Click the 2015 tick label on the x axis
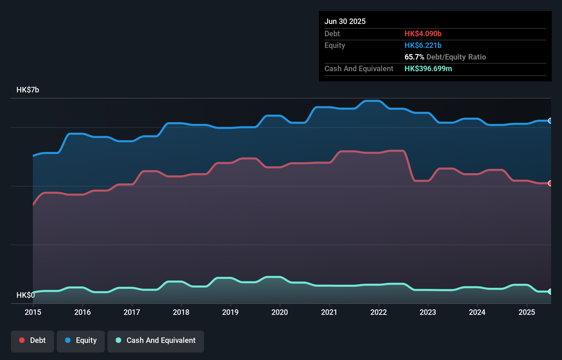coord(33,312)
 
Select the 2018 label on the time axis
coord(181,312)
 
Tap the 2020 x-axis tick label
coord(280,312)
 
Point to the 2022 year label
coord(379,312)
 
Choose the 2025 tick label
coord(527,312)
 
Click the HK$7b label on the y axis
coord(28,90)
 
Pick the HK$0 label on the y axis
coord(26,295)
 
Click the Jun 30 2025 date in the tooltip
coord(345,21)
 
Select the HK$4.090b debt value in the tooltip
coord(423,34)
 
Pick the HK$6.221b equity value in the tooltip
coord(423,45)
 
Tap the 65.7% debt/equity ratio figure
coord(414,57)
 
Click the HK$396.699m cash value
coord(428,68)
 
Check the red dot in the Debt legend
coord(22,340)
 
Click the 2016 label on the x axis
coord(82,312)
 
